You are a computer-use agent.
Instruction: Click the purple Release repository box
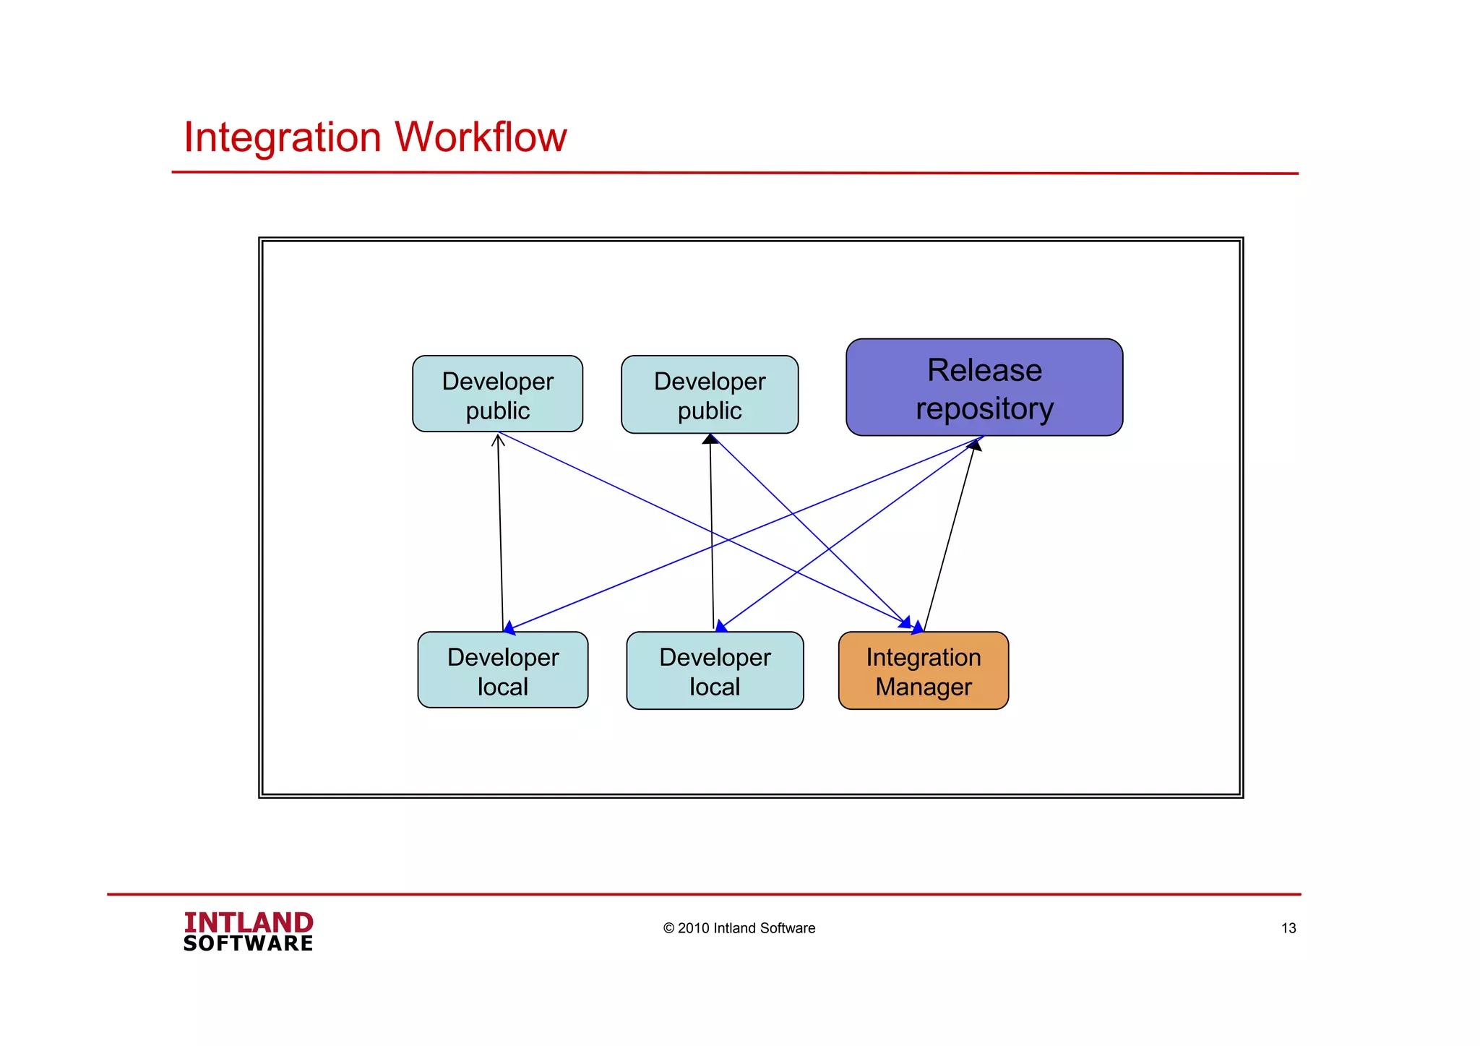coord(984,387)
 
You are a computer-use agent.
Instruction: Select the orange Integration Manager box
coord(923,671)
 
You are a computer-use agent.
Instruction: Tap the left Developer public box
coord(497,394)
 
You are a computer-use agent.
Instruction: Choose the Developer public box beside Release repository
coord(709,395)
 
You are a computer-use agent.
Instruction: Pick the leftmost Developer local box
coord(502,670)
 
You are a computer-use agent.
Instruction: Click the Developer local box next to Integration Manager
coord(714,671)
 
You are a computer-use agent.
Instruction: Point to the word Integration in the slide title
coord(282,137)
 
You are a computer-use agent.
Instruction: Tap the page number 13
coord(1288,928)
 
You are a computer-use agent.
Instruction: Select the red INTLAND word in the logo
coord(248,922)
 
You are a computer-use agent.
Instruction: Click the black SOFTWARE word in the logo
coord(248,943)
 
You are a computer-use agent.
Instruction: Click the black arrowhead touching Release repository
coord(975,445)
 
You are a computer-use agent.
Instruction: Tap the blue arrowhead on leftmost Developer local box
coord(509,627)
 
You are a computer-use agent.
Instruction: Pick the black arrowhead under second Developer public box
coord(710,439)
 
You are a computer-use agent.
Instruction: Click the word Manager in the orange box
coord(923,687)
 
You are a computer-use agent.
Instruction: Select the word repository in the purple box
coord(984,409)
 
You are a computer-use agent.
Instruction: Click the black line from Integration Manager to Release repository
coord(949,539)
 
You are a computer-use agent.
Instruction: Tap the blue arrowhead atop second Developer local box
coord(720,626)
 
